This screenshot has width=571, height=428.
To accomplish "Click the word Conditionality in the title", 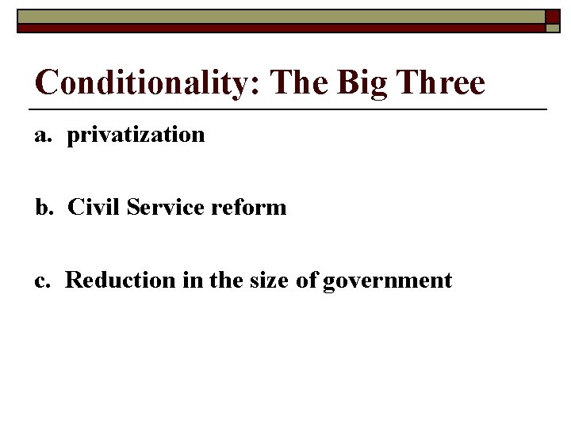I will [x=140, y=82].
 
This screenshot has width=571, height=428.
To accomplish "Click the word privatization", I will [x=136, y=136].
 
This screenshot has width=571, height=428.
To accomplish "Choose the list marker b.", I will [x=43, y=208].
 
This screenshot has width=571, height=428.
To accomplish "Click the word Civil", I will [x=92, y=208].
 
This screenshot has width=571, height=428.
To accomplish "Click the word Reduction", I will [x=112, y=280].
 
